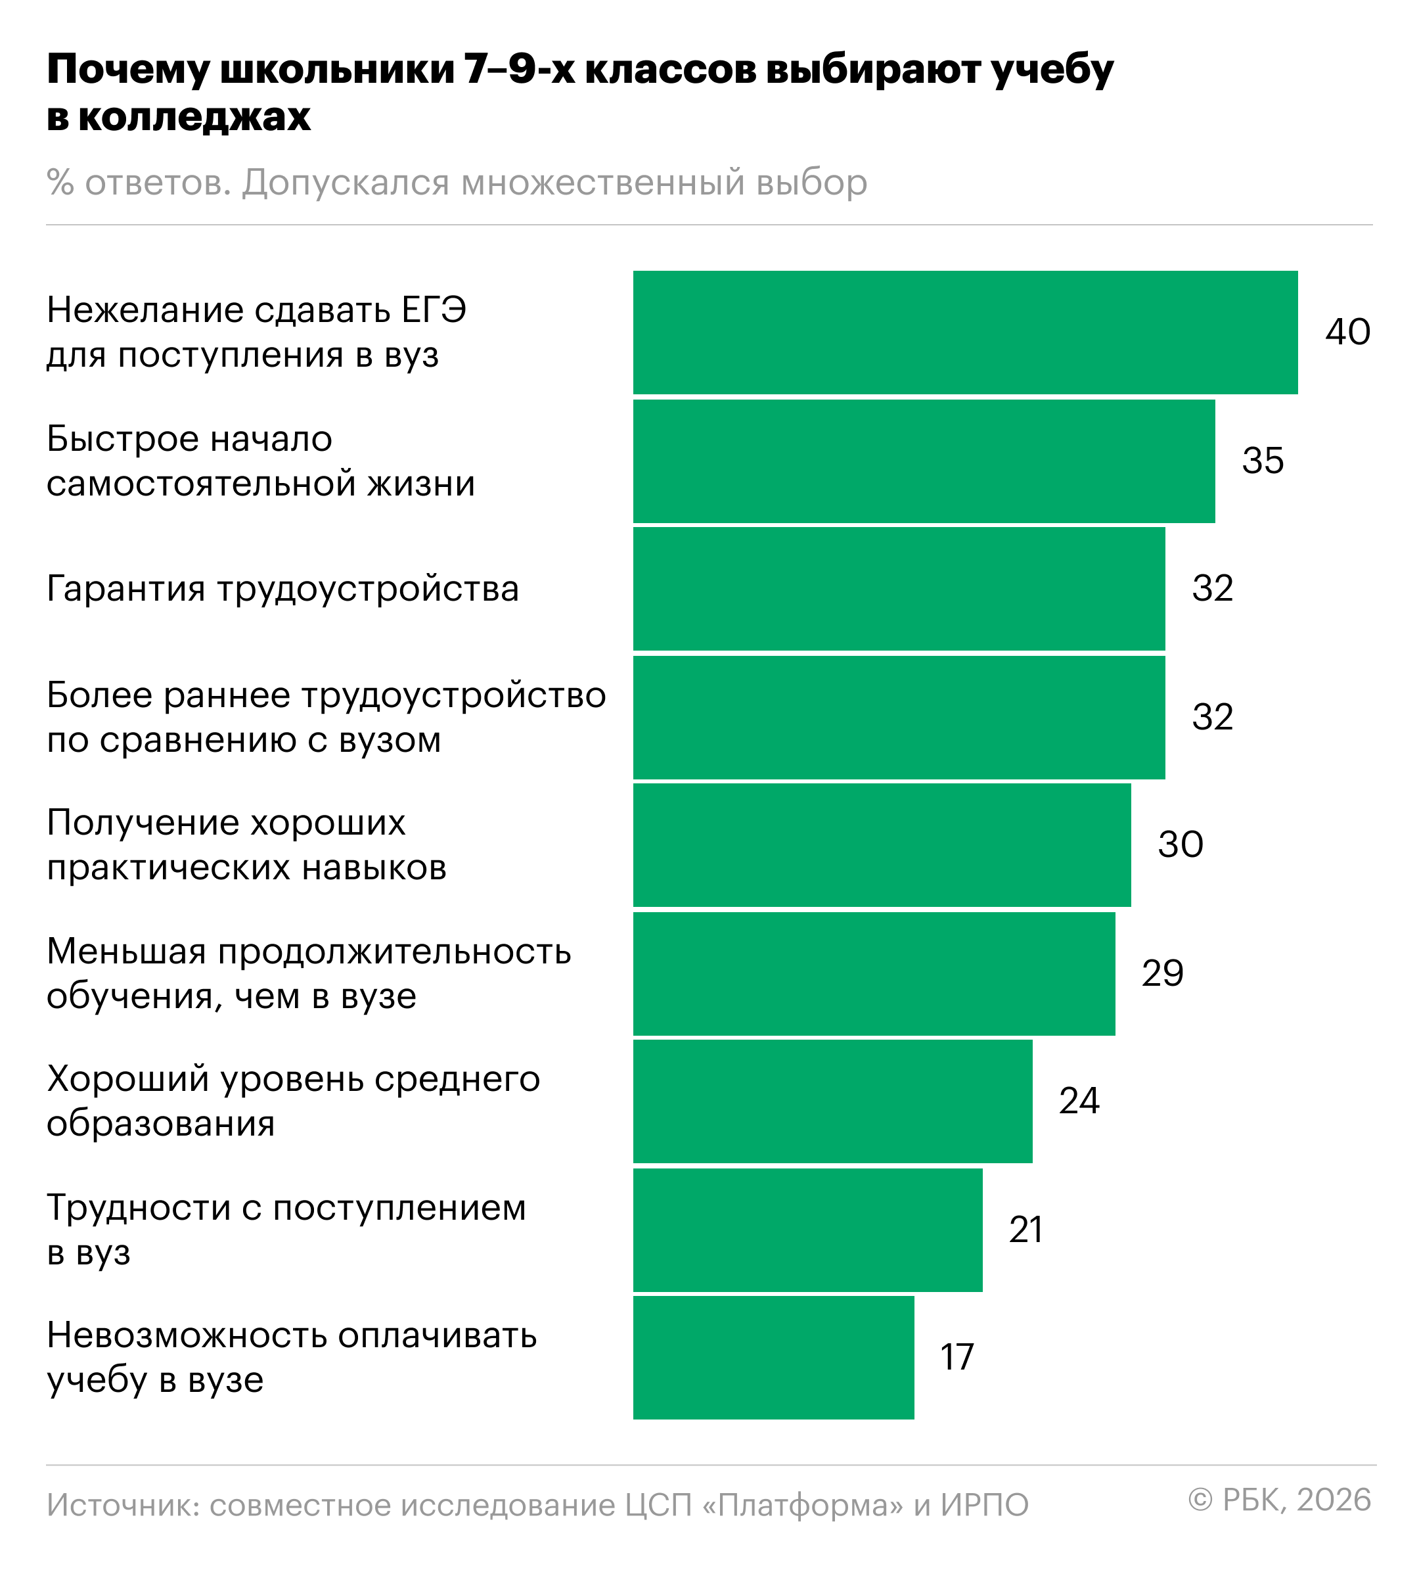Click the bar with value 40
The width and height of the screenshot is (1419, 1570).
click(965, 333)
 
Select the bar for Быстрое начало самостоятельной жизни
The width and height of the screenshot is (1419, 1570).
click(923, 461)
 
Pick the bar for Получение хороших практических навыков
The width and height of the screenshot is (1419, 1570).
click(881, 845)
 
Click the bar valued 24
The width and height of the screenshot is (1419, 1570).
click(832, 1101)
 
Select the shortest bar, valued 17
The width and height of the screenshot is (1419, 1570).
click(773, 1357)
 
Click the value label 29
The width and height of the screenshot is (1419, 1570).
click(1162, 973)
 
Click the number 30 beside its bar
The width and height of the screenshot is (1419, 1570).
click(1180, 845)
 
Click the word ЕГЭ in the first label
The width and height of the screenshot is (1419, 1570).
click(434, 310)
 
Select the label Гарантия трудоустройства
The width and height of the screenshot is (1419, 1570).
click(282, 589)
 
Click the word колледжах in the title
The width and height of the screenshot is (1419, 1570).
click(194, 118)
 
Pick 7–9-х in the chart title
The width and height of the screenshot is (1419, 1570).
click(519, 70)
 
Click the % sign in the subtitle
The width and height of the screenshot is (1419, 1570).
click(60, 183)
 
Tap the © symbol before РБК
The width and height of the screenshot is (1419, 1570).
click(1200, 1500)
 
